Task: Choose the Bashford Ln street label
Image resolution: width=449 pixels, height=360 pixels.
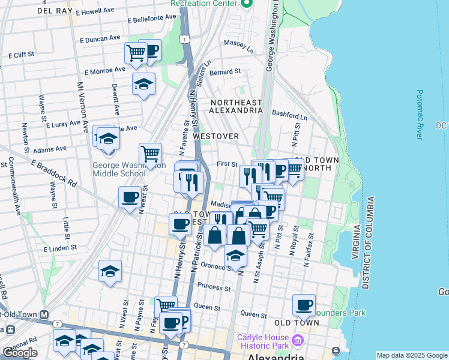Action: pos(289,113)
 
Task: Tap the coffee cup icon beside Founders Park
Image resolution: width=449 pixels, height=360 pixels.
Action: pos(304,305)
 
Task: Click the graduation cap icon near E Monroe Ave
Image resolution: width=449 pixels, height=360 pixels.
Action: pos(143,85)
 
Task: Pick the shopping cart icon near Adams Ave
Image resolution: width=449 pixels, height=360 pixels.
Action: pos(150,154)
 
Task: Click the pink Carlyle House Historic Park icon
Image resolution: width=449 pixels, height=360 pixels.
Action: pos(297,341)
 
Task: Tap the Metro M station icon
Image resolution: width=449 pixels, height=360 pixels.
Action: pos(44,314)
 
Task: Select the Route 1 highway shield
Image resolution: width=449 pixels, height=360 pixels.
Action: pos(187,38)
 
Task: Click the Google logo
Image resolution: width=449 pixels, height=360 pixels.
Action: pos(20,353)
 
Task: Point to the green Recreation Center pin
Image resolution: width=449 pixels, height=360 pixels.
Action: pos(246,4)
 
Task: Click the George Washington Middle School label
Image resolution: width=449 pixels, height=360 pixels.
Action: pos(118,169)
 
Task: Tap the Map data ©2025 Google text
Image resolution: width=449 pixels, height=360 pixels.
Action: pos(412,355)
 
